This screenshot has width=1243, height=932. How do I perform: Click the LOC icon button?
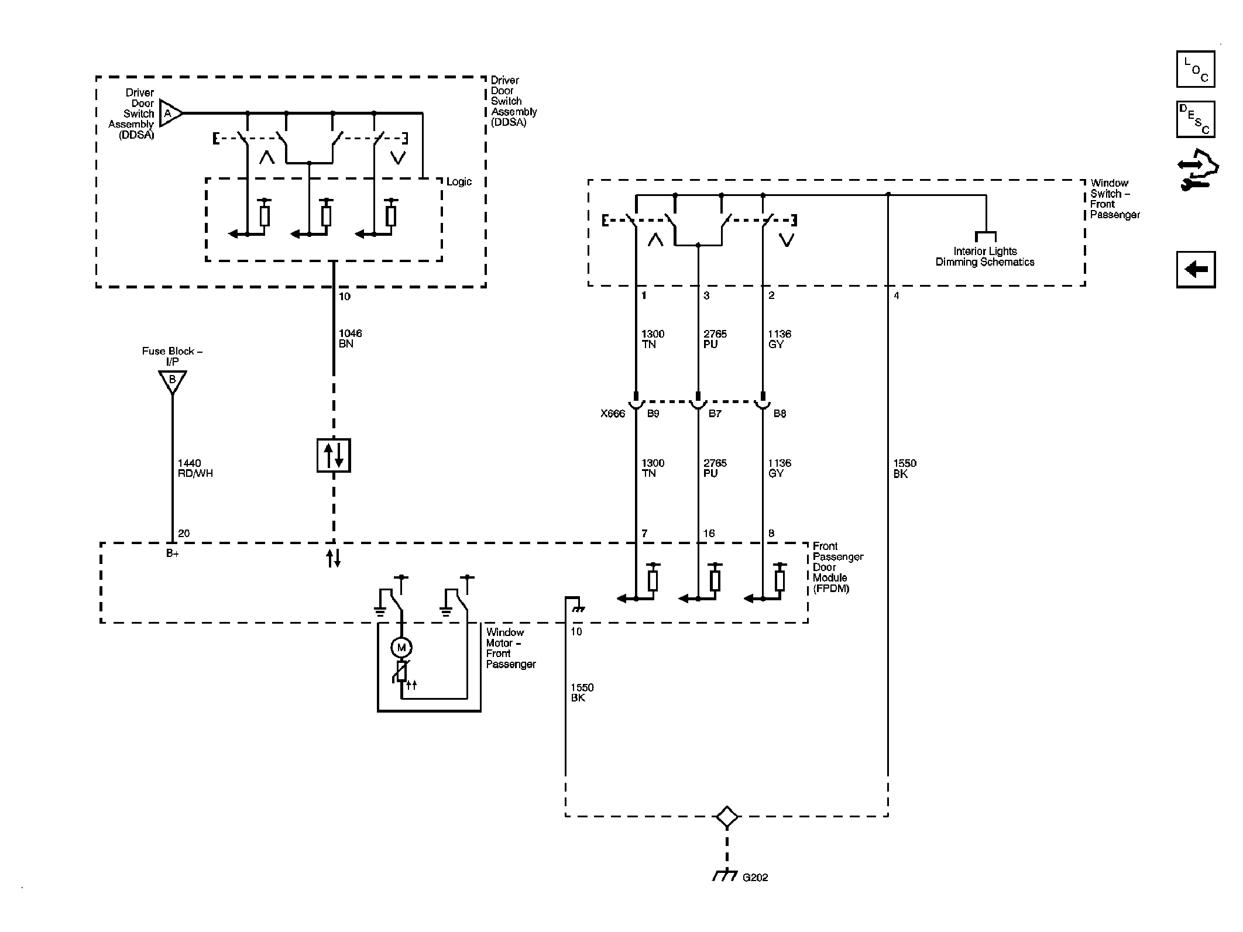tap(1196, 69)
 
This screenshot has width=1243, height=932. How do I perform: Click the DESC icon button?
tap(1196, 119)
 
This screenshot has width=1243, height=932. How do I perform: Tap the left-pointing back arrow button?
tap(1196, 270)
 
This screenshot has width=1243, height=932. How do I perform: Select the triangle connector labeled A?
tap(170, 113)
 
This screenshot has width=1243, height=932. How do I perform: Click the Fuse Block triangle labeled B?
tap(173, 381)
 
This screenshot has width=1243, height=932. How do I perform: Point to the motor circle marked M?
tap(401, 647)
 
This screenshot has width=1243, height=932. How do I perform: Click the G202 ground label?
tap(755, 893)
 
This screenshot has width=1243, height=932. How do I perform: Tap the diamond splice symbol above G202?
tap(727, 817)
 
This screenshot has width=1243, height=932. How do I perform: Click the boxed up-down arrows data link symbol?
tap(334, 455)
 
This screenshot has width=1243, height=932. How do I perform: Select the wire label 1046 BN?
tap(351, 338)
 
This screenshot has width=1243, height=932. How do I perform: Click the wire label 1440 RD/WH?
tap(195, 468)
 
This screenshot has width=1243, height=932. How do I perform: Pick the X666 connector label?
tap(613, 414)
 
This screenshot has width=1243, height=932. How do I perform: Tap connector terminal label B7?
tap(715, 414)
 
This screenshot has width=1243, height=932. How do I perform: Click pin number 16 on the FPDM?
tap(709, 534)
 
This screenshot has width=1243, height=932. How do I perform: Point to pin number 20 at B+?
tap(184, 534)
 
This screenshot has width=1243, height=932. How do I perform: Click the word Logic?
tap(459, 182)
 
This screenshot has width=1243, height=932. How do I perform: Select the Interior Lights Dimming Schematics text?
tap(985, 257)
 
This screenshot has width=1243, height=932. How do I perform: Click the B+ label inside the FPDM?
tap(172, 553)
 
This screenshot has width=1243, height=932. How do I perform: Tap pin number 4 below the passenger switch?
tap(897, 296)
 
